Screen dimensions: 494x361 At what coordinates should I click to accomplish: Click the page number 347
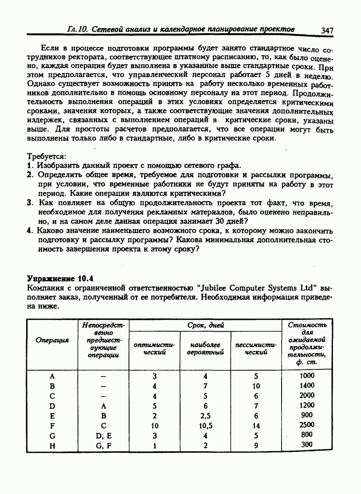327,30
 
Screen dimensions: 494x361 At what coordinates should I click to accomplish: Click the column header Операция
52,340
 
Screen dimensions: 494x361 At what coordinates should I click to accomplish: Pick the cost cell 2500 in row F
307,425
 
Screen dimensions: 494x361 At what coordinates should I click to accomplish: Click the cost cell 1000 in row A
307,375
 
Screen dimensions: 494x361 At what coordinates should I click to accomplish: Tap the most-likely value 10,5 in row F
205,425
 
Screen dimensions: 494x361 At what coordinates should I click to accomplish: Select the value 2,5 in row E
205,415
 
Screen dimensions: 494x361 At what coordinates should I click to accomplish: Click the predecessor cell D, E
103,435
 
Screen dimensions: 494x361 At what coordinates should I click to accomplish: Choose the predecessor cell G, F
103,445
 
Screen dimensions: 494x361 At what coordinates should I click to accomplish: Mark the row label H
52,445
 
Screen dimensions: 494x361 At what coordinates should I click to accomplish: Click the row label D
52,406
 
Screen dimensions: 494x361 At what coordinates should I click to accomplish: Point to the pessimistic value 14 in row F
256,425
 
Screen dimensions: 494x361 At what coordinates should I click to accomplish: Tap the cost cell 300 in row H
307,445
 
